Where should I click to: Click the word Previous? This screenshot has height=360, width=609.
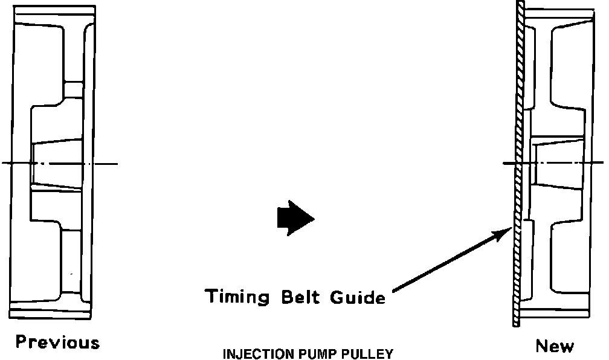(x=57, y=343)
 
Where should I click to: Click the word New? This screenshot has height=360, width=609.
(x=555, y=346)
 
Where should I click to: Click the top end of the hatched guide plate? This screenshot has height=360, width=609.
(x=521, y=5)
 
